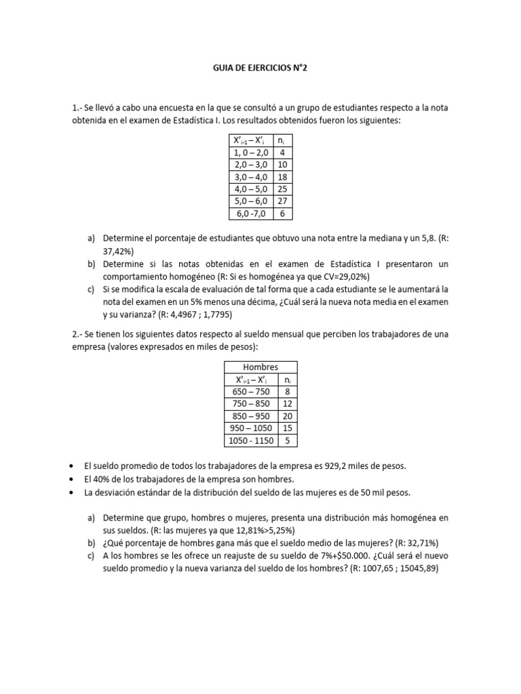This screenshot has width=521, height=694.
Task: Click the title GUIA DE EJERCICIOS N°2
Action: (260, 68)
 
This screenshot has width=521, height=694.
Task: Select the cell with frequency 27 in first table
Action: (282, 201)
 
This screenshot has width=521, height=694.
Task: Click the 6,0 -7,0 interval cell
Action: (250, 213)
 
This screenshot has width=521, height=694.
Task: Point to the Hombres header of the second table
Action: (260, 367)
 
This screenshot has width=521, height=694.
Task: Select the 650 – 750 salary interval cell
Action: (250, 392)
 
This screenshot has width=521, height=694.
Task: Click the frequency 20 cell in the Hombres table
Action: (287, 416)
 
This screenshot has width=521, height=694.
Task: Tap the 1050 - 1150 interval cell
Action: (250, 441)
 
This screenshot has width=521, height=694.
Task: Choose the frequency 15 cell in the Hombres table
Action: (287, 428)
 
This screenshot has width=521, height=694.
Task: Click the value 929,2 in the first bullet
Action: (340, 467)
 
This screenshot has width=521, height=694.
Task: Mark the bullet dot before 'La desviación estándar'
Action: (73, 492)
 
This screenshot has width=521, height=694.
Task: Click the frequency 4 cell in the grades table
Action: (282, 152)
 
